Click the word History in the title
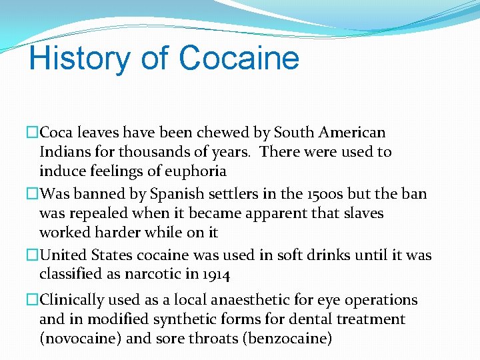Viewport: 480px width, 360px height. point(80,58)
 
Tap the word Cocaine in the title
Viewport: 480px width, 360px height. point(239,58)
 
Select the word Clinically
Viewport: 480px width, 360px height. point(75,300)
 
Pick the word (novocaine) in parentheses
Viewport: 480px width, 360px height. point(81,338)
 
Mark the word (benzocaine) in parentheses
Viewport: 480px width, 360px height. point(289,338)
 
